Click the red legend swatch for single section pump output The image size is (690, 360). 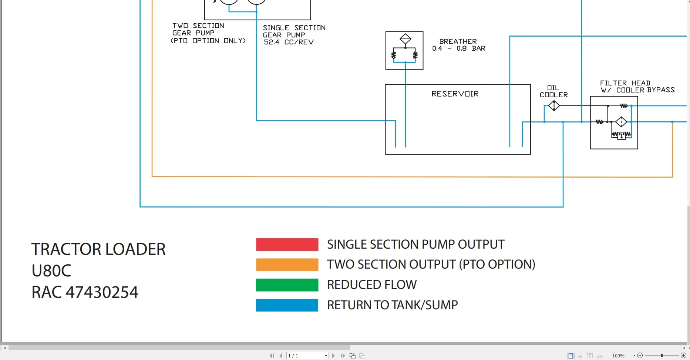click(287, 245)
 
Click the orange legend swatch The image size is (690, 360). click(287, 265)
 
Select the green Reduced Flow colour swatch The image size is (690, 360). click(287, 285)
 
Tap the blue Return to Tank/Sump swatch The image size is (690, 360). click(287, 305)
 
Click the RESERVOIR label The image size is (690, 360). click(455, 94)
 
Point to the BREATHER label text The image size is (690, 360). click(458, 41)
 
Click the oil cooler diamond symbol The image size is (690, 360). click(554, 106)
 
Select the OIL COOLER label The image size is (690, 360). click(553, 91)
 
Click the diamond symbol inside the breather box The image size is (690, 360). click(405, 38)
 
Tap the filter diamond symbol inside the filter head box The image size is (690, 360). click(621, 122)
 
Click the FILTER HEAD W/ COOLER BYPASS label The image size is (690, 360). click(637, 87)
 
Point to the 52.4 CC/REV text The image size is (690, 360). click(289, 42)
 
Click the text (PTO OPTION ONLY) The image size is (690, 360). click(208, 41)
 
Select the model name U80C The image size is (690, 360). click(51, 271)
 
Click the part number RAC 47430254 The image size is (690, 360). click(85, 292)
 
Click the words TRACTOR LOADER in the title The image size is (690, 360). click(98, 249)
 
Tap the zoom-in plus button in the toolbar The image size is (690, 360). click(683, 355)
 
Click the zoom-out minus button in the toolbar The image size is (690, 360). click(640, 355)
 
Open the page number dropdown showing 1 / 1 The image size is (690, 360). click(326, 356)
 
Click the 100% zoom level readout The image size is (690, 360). click(618, 356)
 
